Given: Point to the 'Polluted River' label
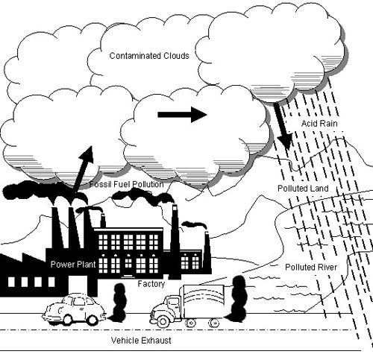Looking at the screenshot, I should (311, 266).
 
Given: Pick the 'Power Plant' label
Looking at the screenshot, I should (70, 265).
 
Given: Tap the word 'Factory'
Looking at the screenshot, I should (151, 284).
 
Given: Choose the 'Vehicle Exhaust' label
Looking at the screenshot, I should (142, 340).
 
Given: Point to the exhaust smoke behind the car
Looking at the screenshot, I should (119, 302).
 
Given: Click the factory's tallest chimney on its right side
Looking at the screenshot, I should (175, 239).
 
